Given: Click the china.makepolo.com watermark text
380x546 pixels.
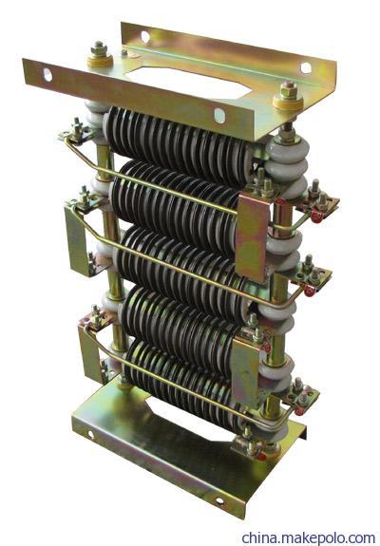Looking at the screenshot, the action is tap(309, 537).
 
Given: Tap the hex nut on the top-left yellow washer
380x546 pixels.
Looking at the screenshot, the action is tap(99, 48).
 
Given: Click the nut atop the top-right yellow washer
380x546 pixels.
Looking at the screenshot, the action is tap(289, 90).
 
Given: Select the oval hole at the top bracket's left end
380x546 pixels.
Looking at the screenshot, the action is tap(47, 75).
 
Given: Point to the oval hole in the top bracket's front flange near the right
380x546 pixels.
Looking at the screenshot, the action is tap(219, 116).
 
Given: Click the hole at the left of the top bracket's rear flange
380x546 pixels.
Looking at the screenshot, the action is tap(145, 37).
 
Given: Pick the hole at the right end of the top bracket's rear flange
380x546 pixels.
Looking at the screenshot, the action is tap(306, 67).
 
